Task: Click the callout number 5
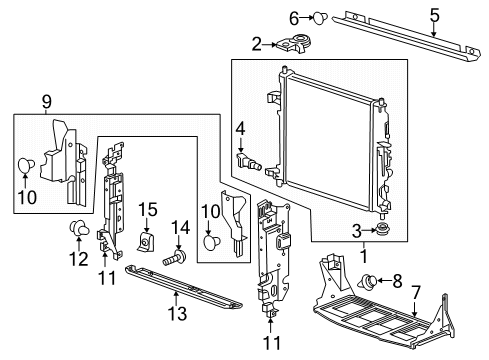(x=433, y=15)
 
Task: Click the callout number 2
(x=257, y=44)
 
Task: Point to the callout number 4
(x=240, y=129)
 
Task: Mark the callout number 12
(x=76, y=261)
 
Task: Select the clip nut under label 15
(x=147, y=242)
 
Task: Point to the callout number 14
(x=180, y=227)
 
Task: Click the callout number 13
(x=176, y=314)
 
